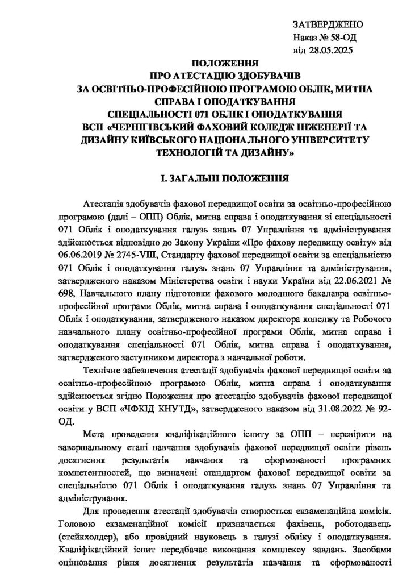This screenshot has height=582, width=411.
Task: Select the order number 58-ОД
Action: [x=337, y=38]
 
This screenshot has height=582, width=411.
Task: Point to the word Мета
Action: [x=93, y=435]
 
